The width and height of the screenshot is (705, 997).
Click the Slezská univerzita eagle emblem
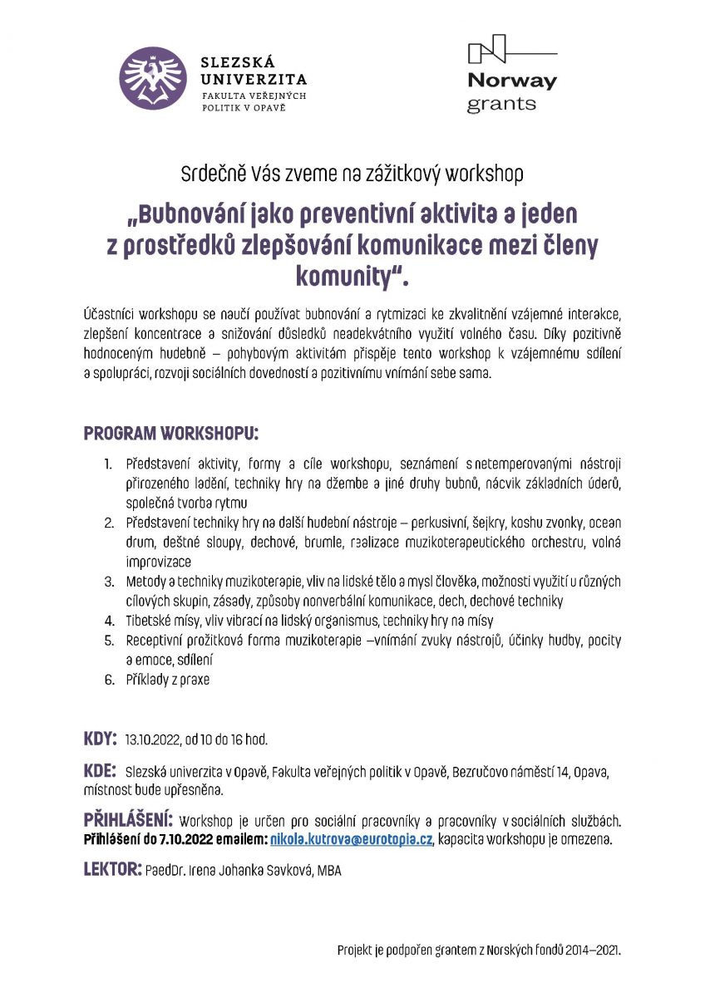[x=152, y=79]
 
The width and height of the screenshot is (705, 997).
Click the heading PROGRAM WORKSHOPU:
[x=170, y=434]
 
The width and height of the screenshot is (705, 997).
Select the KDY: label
[x=101, y=739]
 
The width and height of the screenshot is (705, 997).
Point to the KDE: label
[x=100, y=770]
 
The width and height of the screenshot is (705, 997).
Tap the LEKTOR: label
[x=112, y=870]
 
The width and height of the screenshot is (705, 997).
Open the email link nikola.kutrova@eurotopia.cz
[x=352, y=839]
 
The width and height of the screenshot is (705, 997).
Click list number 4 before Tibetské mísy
[x=109, y=620]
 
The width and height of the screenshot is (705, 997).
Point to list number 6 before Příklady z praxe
[x=109, y=680]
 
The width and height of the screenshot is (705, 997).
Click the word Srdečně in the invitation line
[x=210, y=174]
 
